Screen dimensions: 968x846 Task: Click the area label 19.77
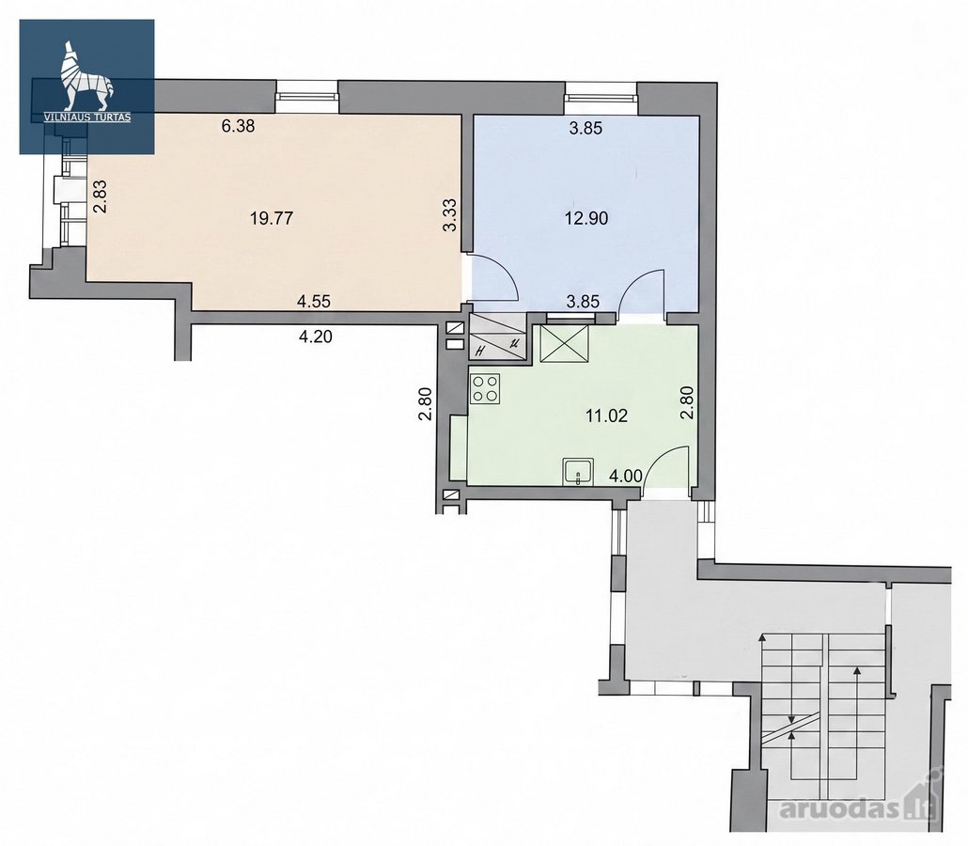[272, 218]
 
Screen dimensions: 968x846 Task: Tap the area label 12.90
[586, 218]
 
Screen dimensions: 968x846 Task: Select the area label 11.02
[606, 415]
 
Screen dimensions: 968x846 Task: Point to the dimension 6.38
[238, 127]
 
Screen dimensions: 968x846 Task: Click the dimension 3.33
[450, 215]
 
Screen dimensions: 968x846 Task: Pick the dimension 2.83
[100, 196]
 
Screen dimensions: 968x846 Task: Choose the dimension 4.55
[314, 302]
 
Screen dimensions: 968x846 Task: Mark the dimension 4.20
[315, 337]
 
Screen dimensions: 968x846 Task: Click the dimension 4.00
[626, 476]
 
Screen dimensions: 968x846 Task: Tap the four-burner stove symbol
[485, 389]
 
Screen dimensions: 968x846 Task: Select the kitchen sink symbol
[578, 472]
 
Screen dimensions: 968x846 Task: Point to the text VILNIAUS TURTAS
[87, 117]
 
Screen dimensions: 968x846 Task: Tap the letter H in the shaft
[480, 352]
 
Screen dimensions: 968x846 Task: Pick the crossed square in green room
[564, 344]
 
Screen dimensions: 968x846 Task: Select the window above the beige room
[306, 97]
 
